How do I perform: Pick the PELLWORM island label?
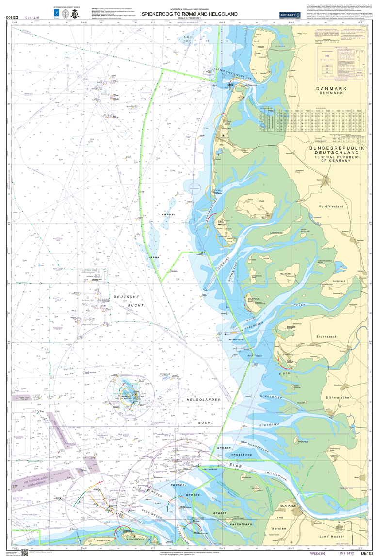coord(285,274)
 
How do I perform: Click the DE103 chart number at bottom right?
coord(367,553)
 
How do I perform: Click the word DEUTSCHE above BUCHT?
coord(126,296)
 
